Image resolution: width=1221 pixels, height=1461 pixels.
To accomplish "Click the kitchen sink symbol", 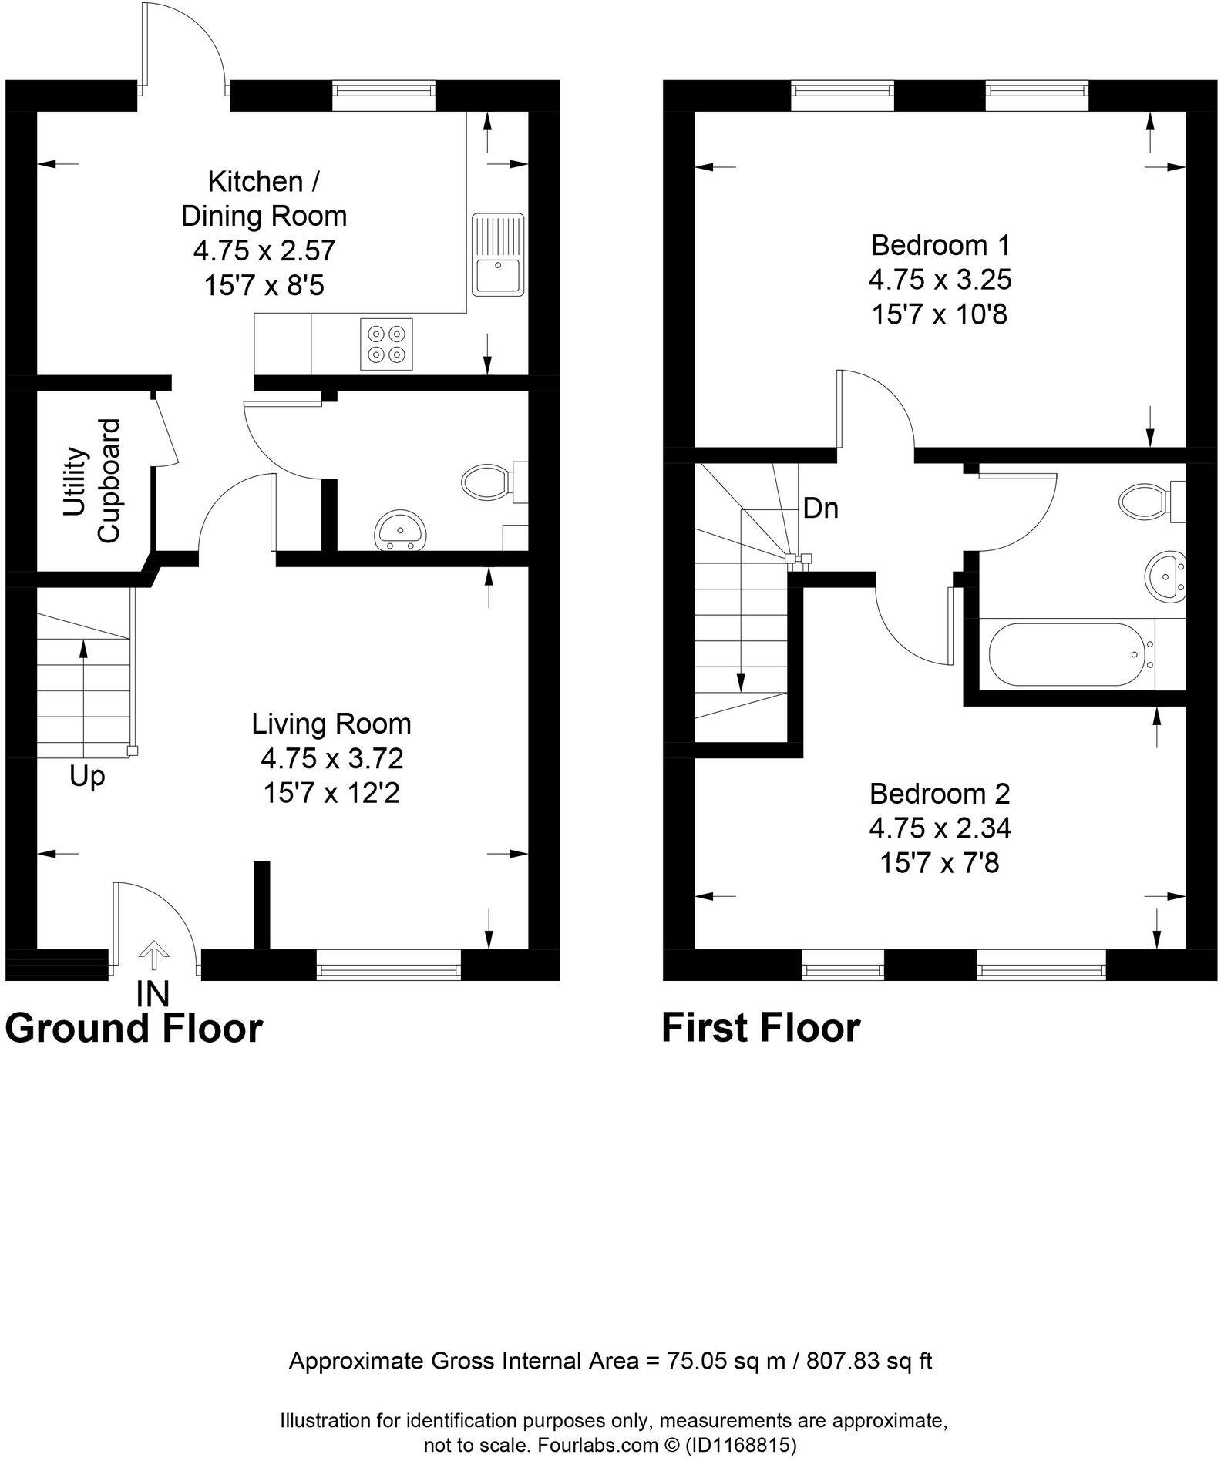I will coord(498,254).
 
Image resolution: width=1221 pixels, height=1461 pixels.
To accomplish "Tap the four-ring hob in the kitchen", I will coord(386,344).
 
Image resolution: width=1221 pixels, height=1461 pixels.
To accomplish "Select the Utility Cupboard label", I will coord(92,481).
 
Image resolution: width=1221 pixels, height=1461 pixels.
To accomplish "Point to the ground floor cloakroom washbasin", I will coord(400,532).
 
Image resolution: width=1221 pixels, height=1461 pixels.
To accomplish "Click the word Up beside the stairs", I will coord(86,776).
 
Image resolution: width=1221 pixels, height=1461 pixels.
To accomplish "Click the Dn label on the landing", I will coord(820,509).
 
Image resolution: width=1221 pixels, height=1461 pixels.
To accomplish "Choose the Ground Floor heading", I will coord(134,1028).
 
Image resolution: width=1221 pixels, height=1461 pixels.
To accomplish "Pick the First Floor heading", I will coord(760,1028).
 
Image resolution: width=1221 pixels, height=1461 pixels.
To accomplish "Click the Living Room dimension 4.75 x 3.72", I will coord(331,759).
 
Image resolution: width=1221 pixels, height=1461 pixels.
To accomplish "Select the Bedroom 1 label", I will coord(940,245).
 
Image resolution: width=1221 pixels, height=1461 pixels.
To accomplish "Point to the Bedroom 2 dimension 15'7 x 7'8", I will coord(939,863).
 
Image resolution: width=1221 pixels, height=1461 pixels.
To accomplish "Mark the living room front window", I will coord(388,965).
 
